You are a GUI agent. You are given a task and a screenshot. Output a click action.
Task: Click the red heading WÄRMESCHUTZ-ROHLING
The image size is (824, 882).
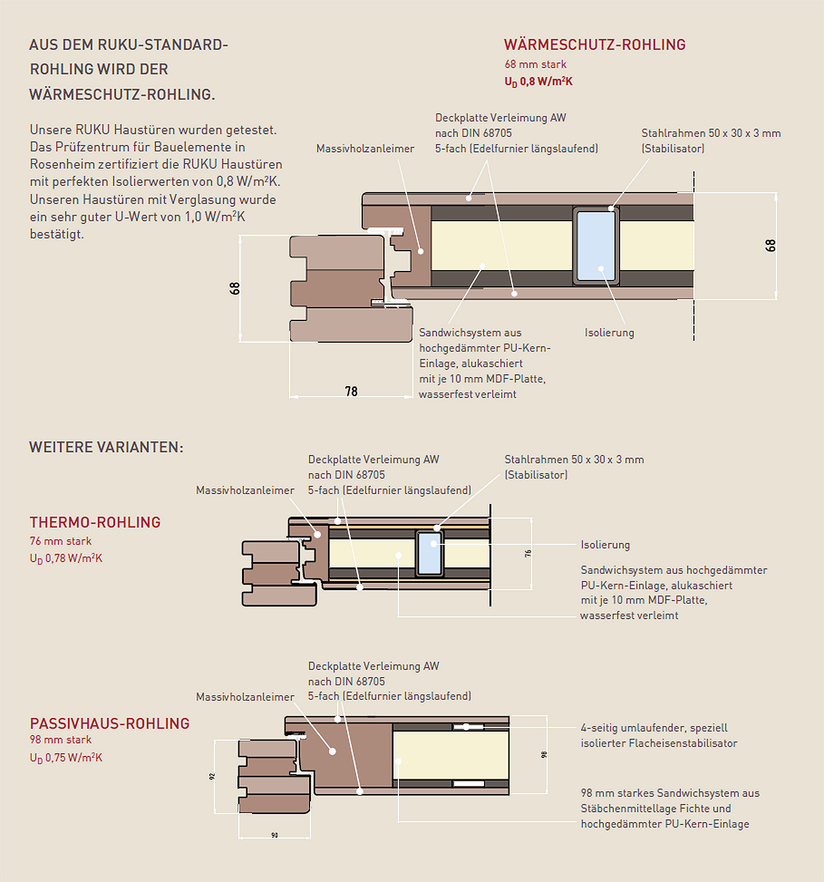pos(595,45)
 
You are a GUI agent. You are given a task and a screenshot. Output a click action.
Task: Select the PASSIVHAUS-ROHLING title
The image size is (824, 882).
pos(110,724)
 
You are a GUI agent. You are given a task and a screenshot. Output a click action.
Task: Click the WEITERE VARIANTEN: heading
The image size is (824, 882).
pos(106,447)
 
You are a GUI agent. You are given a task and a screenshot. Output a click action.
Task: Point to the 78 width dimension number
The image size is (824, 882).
pos(351,391)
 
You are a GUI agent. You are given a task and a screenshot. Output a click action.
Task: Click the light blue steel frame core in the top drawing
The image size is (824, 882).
pos(596,245)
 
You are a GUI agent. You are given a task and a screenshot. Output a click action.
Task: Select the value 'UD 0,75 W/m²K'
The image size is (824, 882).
pos(66,758)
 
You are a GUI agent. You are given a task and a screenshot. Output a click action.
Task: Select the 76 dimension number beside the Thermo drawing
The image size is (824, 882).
pos(528,553)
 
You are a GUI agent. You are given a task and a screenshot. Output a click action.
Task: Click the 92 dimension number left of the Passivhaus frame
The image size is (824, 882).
pos(212,776)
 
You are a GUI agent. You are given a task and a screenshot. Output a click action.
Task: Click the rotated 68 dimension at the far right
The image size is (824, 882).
pos(770,245)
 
